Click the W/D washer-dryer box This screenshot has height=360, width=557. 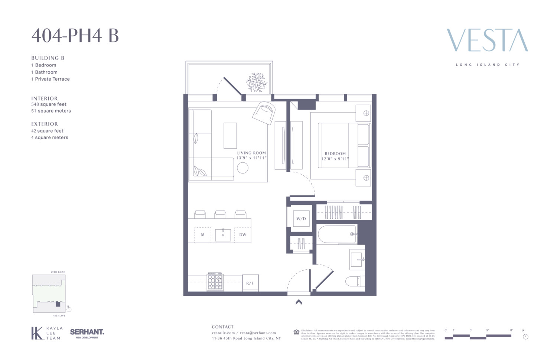(301, 218)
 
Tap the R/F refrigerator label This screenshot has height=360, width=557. (250, 283)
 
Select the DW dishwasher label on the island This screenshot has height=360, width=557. (242, 235)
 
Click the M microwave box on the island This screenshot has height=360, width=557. (203, 235)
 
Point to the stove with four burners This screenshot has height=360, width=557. (215, 282)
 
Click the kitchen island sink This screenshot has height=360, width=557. (223, 235)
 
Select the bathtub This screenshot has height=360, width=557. (337, 234)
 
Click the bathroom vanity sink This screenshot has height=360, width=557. (357, 259)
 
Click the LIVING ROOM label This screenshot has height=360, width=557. (251, 153)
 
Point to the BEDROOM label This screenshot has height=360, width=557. (335, 153)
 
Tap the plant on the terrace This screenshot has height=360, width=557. (257, 82)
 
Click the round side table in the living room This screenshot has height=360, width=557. (242, 168)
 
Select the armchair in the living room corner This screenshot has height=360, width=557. (264, 112)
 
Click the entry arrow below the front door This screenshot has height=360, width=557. (299, 302)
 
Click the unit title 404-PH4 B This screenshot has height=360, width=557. (75, 36)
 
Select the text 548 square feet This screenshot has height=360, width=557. (49, 104)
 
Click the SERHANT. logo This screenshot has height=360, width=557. (87, 332)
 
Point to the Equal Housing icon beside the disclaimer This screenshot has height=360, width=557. (296, 332)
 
